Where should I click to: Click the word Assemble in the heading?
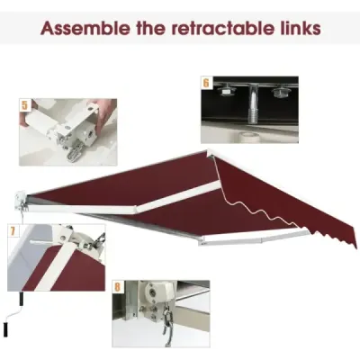[x=85, y=28]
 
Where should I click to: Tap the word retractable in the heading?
[x=220, y=28]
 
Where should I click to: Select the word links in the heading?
[x=298, y=28]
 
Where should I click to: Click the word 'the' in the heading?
[x=151, y=28]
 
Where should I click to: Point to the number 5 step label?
[x=24, y=105]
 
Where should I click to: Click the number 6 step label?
[x=206, y=83]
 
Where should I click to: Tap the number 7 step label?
[x=13, y=231]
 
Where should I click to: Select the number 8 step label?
[x=117, y=287]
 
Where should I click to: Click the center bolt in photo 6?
[x=252, y=105]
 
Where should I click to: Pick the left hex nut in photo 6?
[x=226, y=91]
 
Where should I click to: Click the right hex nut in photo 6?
[x=278, y=92]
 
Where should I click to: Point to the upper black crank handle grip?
[x=22, y=300]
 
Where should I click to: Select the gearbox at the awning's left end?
[x=21, y=201]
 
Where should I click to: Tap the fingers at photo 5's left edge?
[x=26, y=119]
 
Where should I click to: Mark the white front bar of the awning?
[x=255, y=238]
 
